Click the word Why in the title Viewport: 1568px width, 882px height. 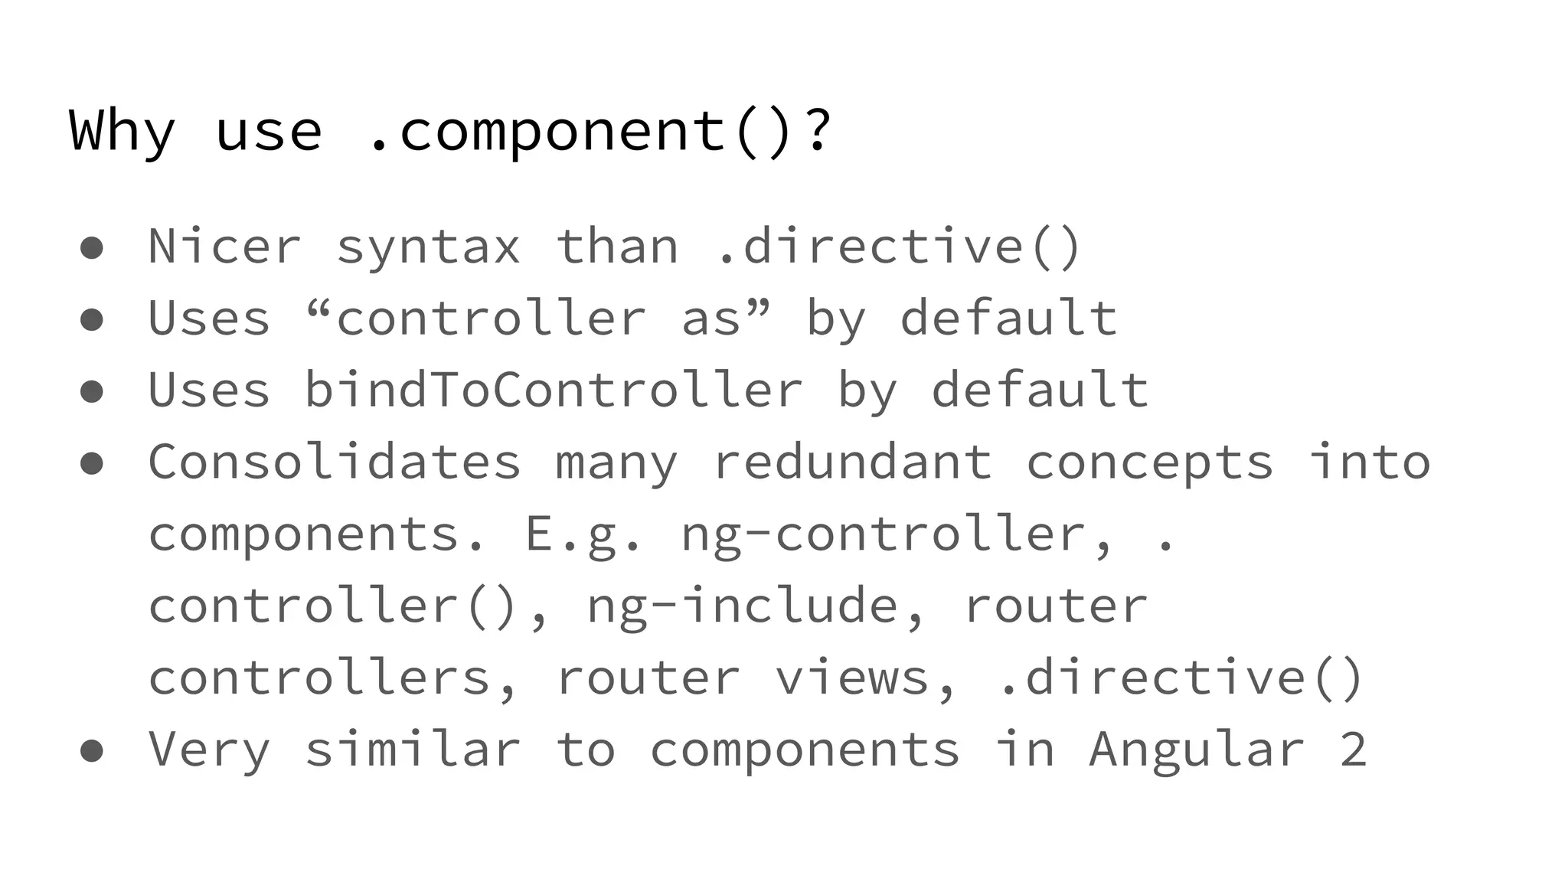pyautogui.click(x=122, y=132)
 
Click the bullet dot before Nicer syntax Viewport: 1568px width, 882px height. pyautogui.click(x=92, y=248)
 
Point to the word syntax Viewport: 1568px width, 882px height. pyautogui.click(x=428, y=247)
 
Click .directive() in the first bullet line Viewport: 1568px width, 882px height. pyautogui.click(x=898, y=247)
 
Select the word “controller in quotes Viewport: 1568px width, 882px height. pyautogui.click(x=475, y=318)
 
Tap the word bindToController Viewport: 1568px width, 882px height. pyautogui.click(x=553, y=390)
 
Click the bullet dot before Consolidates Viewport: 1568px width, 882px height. pyautogui.click(x=92, y=462)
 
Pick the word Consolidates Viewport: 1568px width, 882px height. pyautogui.click(x=335, y=462)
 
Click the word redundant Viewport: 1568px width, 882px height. pyautogui.click(x=852, y=462)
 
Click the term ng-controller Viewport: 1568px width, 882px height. pyautogui.click(x=897, y=534)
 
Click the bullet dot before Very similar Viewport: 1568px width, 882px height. pyautogui.click(x=92, y=750)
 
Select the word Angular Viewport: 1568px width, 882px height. pyautogui.click(x=1197, y=750)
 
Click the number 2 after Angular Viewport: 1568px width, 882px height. pyautogui.click(x=1353, y=750)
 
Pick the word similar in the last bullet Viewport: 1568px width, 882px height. pyautogui.click(x=413, y=750)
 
